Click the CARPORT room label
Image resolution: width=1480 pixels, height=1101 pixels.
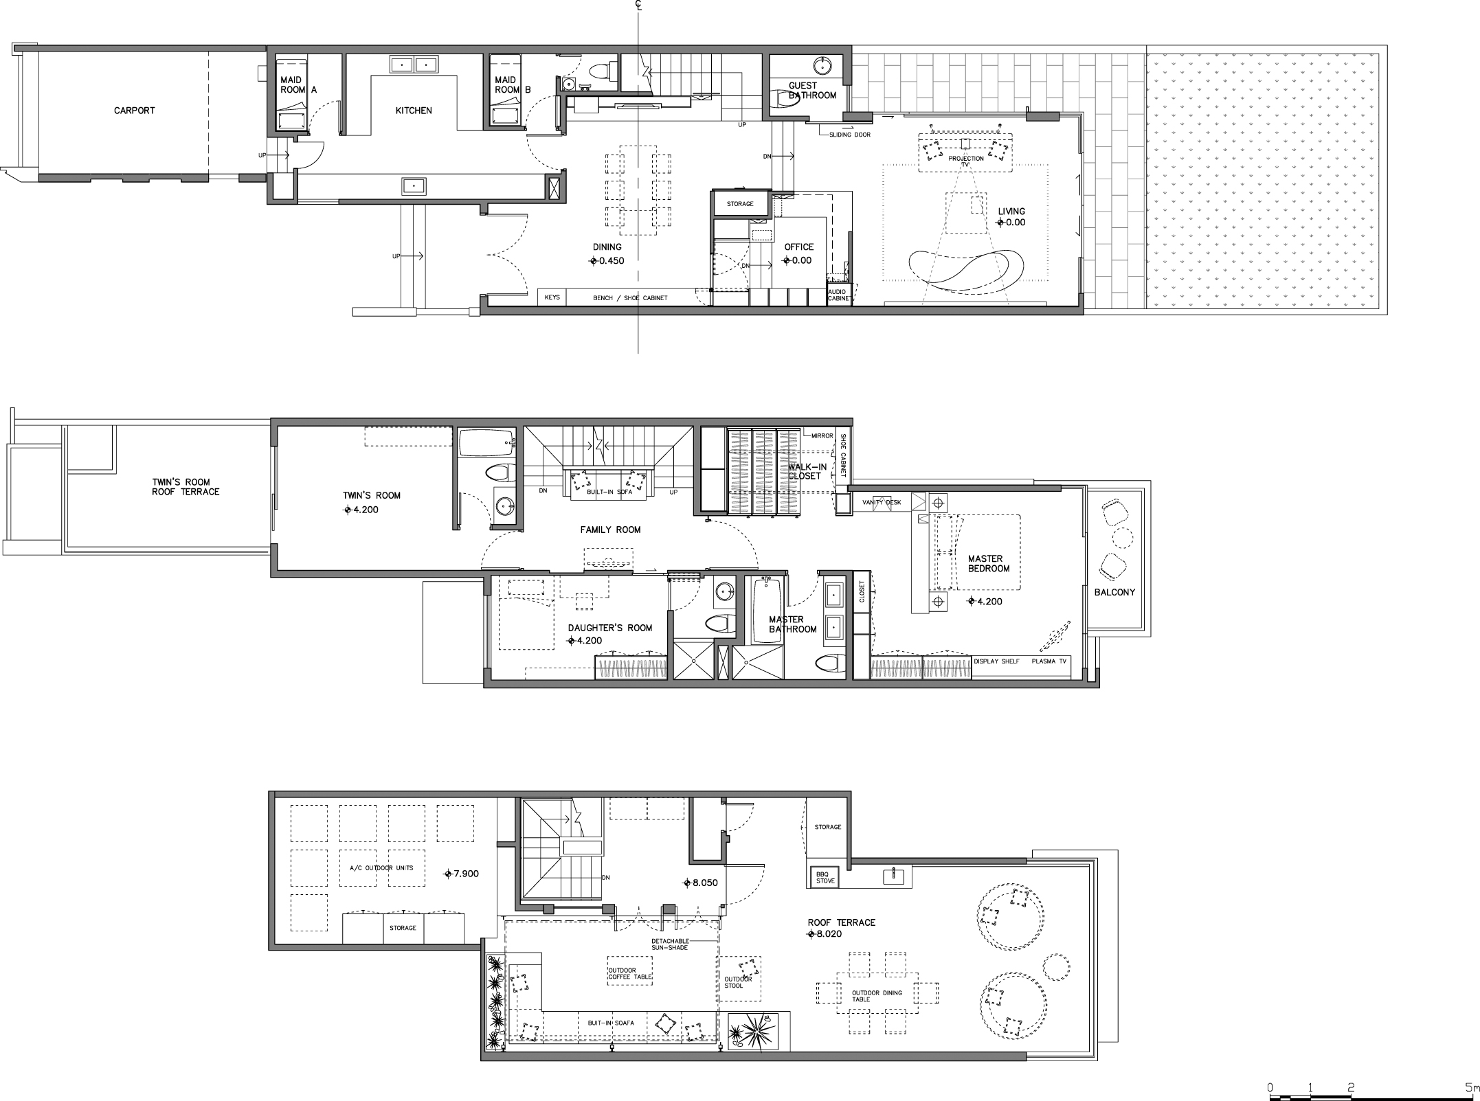[x=135, y=111]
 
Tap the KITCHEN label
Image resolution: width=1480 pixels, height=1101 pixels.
[x=414, y=111]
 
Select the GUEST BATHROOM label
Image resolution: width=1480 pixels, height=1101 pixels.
[x=813, y=91]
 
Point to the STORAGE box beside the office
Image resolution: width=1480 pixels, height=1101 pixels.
[x=740, y=204]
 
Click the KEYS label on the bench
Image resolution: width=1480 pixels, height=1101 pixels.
[x=552, y=298]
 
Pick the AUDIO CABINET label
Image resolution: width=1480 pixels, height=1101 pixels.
[x=838, y=295]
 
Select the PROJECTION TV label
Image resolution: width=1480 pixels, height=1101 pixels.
[x=966, y=161]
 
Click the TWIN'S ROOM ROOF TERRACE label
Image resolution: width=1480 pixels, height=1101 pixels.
[x=186, y=487]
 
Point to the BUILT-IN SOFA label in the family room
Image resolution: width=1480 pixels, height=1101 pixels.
[x=609, y=492]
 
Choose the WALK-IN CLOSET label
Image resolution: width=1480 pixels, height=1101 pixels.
[x=807, y=471]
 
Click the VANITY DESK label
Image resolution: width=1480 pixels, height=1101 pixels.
[x=882, y=503]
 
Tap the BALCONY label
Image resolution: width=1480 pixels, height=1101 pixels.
[x=1114, y=592]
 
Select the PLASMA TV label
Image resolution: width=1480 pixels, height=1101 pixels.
[x=1049, y=661]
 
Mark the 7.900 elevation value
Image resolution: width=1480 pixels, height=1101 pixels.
[x=467, y=874]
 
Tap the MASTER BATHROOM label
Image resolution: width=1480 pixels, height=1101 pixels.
[x=793, y=624]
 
